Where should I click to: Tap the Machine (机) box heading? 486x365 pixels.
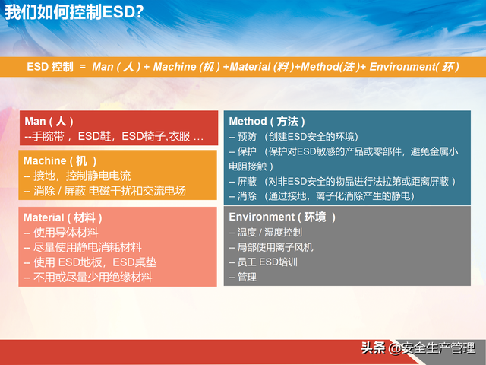tap(60, 161)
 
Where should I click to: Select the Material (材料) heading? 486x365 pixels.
tap(63, 217)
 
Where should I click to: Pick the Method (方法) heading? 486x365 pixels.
tap(267, 122)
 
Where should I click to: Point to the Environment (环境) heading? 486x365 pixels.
tap(282, 217)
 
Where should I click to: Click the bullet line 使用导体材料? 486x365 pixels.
tap(61, 233)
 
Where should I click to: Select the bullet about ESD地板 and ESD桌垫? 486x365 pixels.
tap(90, 262)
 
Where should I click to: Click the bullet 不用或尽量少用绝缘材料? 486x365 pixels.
tap(87, 278)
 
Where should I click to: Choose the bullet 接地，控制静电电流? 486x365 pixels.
tap(77, 176)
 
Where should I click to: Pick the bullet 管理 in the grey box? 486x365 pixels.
tap(243, 278)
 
